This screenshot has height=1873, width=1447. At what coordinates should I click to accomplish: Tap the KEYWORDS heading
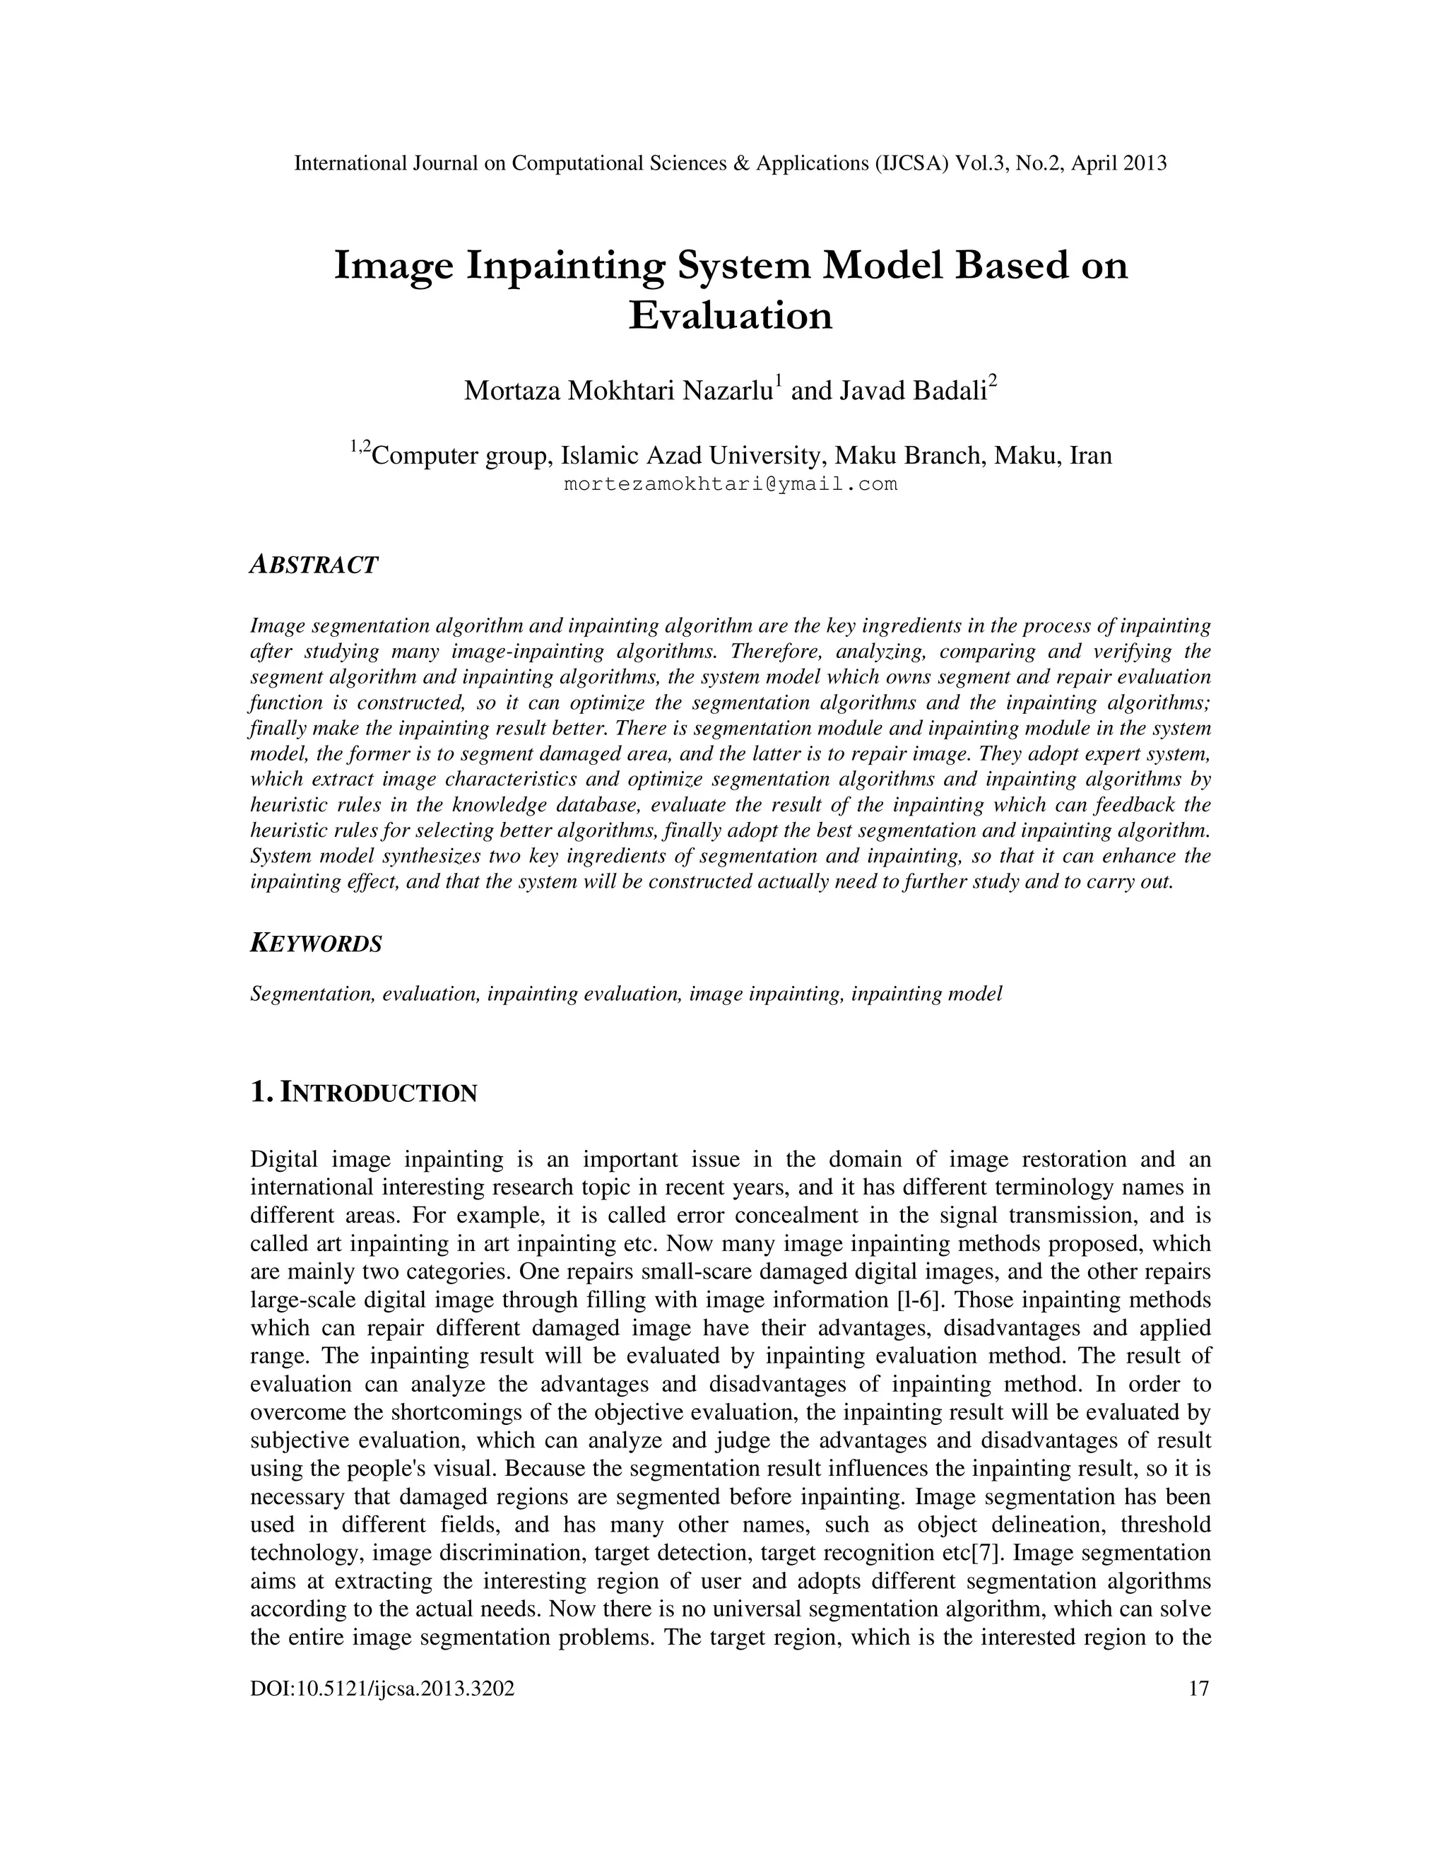click(x=315, y=944)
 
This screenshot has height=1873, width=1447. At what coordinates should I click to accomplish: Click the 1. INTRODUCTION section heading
click(x=362, y=1093)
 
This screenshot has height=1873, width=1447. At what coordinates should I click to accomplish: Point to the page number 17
click(x=1198, y=1689)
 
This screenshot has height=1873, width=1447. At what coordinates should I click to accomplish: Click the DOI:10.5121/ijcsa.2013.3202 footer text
click(x=382, y=1689)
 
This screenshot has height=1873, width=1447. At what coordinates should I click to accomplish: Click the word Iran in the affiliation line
click(x=1089, y=455)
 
